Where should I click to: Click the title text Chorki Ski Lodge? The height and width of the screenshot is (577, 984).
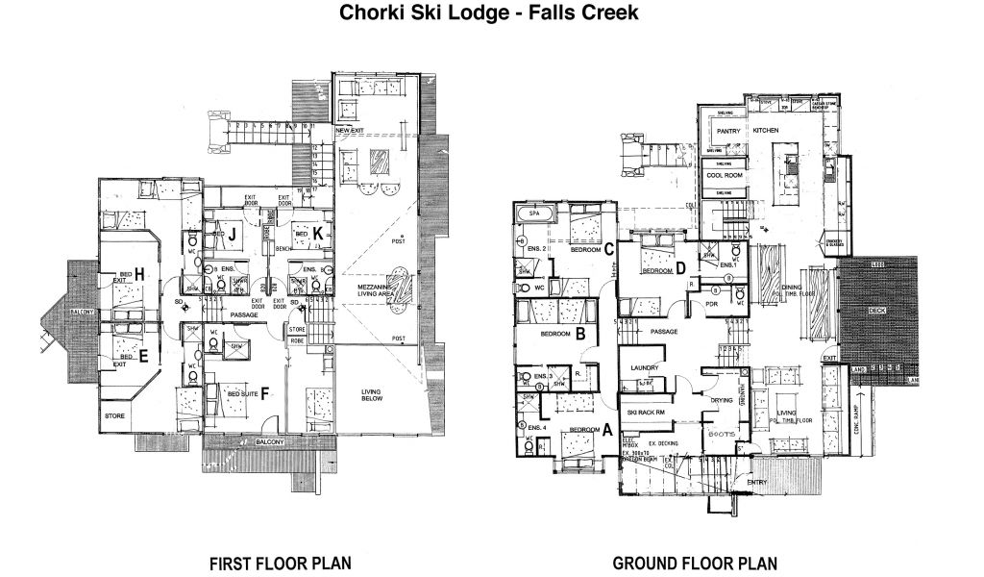pyautogui.click(x=424, y=13)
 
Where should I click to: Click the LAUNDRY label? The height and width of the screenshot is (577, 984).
pyautogui.click(x=643, y=367)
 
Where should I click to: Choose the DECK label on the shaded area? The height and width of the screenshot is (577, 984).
pyautogui.click(x=877, y=311)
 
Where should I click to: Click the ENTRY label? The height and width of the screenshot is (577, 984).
pyautogui.click(x=756, y=483)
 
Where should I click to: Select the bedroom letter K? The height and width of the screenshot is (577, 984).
pyautogui.click(x=315, y=233)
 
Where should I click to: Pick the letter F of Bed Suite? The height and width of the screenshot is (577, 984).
pyautogui.click(x=263, y=392)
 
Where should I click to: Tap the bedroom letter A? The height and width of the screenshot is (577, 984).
pyautogui.click(x=607, y=432)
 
